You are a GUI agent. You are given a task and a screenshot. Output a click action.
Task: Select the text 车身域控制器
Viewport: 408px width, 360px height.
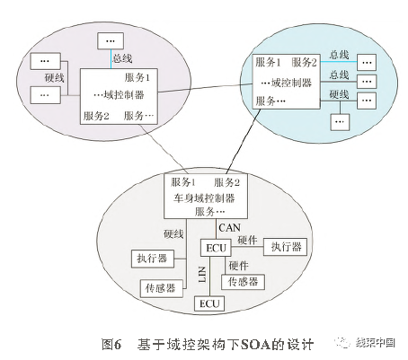[203, 198]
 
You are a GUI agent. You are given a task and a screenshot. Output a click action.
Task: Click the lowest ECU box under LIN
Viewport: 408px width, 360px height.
[208, 303]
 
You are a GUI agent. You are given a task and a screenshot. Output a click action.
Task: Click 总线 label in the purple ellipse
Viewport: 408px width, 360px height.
[122, 58]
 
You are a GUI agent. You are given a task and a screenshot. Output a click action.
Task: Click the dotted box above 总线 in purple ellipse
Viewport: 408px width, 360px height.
[111, 41]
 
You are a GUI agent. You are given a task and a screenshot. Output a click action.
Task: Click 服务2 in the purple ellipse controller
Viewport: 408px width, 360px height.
[95, 116]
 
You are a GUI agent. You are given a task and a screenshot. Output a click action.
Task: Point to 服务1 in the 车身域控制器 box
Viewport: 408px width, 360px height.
[183, 183]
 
